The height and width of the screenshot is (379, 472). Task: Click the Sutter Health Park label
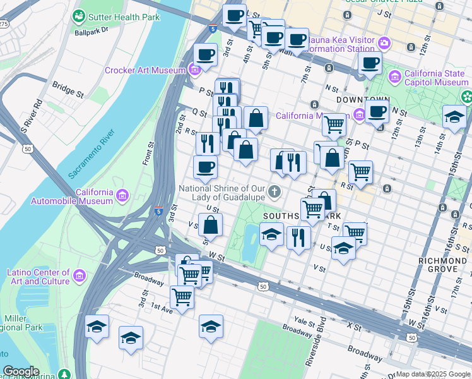click(124, 16)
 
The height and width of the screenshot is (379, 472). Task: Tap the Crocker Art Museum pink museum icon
click(195, 69)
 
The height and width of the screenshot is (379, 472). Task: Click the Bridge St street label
click(68, 89)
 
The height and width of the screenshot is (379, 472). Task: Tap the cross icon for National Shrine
click(275, 191)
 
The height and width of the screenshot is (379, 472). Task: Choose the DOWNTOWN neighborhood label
click(362, 100)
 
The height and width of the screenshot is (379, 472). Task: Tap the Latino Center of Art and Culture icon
click(80, 276)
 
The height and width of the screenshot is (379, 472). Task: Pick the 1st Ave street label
click(161, 310)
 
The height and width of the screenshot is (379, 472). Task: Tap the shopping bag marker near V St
click(211, 225)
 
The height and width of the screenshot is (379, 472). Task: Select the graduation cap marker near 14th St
click(454, 116)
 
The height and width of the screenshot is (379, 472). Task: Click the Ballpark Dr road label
click(91, 30)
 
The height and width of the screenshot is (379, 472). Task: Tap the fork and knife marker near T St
click(298, 238)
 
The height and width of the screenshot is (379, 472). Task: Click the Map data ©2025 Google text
click(433, 374)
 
